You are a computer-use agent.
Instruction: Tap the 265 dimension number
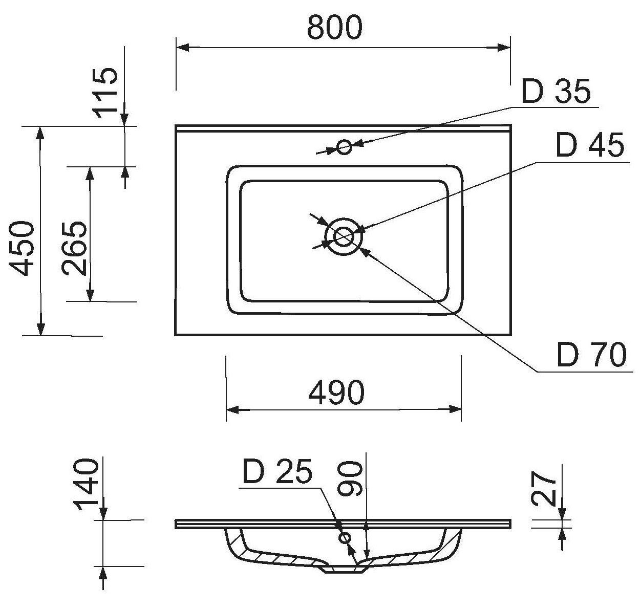(x=75, y=248)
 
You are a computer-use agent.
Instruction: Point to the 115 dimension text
(x=106, y=93)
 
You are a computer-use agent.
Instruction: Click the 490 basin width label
(x=336, y=393)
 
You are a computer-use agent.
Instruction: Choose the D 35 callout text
(x=556, y=92)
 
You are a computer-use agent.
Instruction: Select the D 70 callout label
(x=591, y=355)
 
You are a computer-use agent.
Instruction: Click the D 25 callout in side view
(x=277, y=472)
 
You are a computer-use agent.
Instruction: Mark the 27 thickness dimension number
(x=544, y=489)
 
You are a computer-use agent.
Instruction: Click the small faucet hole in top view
(x=344, y=147)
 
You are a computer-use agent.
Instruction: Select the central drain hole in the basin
(x=343, y=236)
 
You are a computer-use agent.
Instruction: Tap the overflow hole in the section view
(x=345, y=538)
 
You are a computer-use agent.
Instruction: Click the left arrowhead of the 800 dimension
(x=182, y=48)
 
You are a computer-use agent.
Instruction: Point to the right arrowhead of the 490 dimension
(x=456, y=409)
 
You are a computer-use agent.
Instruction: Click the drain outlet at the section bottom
(x=343, y=569)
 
